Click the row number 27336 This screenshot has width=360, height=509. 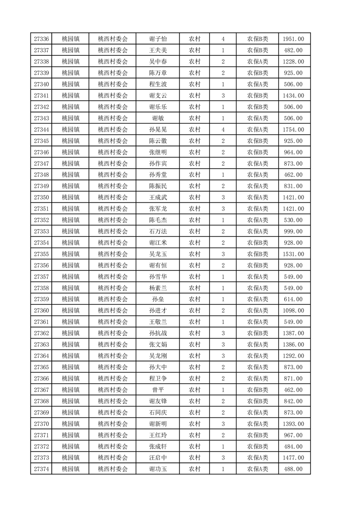(41, 39)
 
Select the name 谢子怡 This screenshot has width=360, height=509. (158, 39)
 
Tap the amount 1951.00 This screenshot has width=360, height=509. (293, 39)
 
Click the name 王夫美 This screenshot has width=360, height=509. (158, 50)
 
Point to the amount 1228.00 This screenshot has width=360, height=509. (293, 62)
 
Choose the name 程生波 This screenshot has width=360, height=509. (158, 84)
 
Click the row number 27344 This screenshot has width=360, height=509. (41, 130)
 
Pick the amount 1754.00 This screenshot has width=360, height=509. (293, 130)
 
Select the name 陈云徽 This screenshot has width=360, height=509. (158, 141)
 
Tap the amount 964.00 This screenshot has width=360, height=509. (293, 152)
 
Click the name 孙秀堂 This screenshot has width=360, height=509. (158, 175)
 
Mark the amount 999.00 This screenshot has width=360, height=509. (293, 231)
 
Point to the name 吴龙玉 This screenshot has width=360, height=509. (158, 254)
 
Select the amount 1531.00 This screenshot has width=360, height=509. (293, 254)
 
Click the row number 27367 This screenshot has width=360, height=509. (41, 390)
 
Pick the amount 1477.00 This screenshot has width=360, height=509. (293, 458)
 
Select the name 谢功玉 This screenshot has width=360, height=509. (158, 469)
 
